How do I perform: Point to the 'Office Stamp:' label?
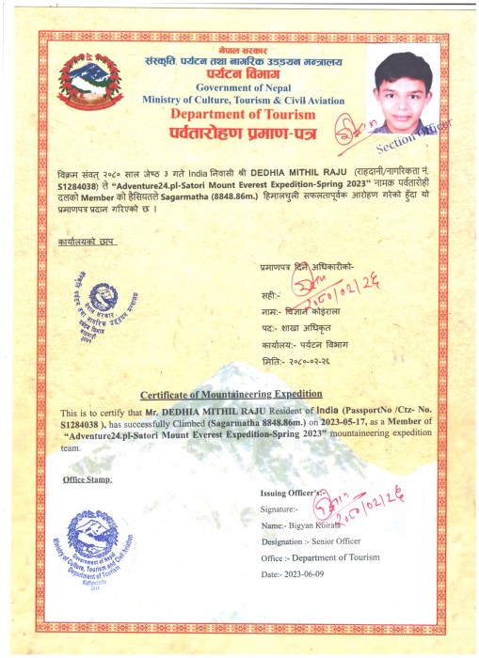pyautogui.click(x=88, y=478)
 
